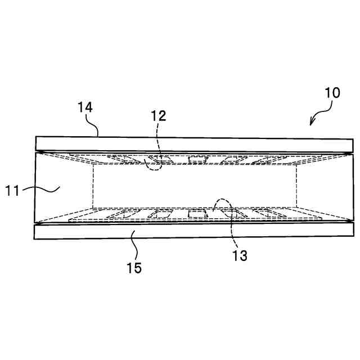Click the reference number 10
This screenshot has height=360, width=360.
tap(332, 93)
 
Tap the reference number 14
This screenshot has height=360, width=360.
tap(85, 107)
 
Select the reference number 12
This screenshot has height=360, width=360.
tap(159, 116)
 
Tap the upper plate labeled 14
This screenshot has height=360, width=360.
tap(191, 144)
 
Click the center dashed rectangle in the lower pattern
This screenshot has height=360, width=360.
tap(196, 213)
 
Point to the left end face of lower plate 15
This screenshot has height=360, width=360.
tap(34, 232)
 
